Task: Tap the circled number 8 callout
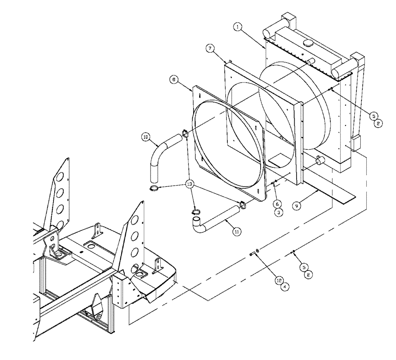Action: pos(173,80)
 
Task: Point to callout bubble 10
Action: pos(146,137)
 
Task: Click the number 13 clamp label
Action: pos(190,184)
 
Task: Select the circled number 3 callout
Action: pos(279,213)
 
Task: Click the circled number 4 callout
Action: pos(284,287)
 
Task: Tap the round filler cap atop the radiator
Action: pos(307,43)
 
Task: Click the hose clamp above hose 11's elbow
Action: pos(195,211)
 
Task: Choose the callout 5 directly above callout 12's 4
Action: pos(303,267)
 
